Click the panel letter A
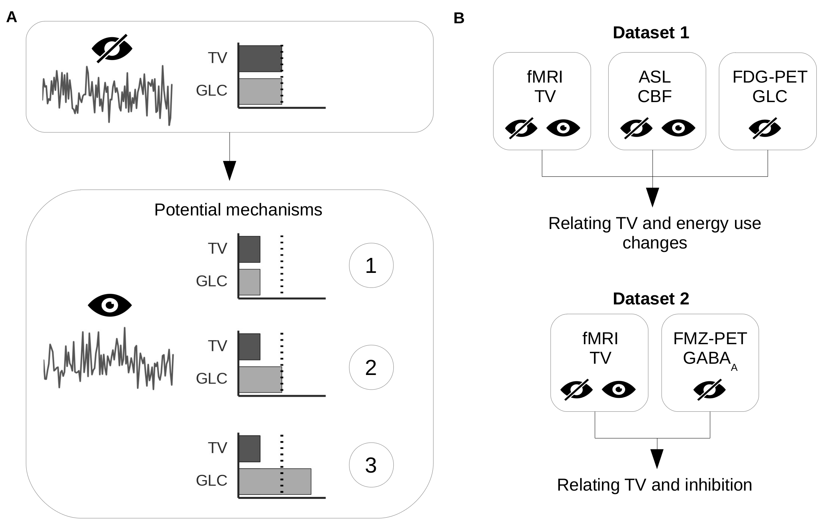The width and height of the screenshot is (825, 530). tap(12, 17)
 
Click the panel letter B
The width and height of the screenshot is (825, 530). tap(459, 18)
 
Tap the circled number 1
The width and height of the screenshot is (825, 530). tap(371, 265)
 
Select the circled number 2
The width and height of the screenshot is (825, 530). tap(371, 367)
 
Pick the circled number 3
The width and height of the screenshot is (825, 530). tap(371, 465)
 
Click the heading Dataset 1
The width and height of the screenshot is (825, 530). tap(651, 33)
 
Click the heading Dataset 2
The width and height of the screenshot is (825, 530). tap(651, 299)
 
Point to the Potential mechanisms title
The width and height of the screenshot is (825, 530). tap(238, 210)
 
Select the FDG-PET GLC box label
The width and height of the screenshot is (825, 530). tap(769, 87)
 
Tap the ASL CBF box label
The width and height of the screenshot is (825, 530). tap(655, 87)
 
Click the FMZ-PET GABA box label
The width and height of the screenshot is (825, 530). tap(710, 349)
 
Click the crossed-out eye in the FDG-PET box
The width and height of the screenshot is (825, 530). tap(765, 128)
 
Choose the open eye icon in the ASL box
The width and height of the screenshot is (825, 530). tap(678, 128)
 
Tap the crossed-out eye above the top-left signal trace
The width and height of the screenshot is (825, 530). tap(112, 49)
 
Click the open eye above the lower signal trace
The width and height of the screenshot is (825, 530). tap(109, 305)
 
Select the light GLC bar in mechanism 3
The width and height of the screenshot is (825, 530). tap(275, 481)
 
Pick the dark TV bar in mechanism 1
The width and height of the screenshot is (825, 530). tap(249, 249)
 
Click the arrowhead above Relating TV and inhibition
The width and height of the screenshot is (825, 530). tap(657, 458)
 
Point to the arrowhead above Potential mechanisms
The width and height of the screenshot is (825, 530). tap(229, 170)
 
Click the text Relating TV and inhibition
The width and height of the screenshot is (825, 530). tap(654, 485)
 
